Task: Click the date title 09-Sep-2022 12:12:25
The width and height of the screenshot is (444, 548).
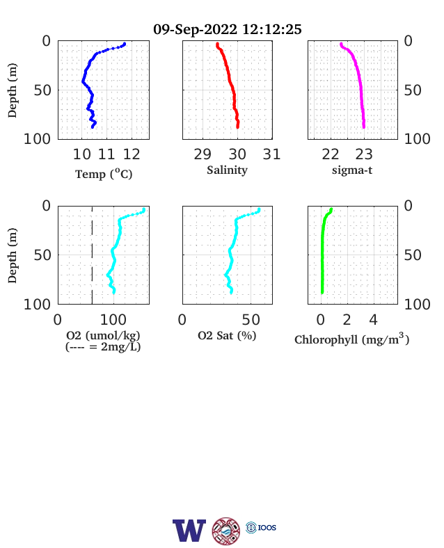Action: click(228, 29)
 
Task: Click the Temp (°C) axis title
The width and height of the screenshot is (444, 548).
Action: click(104, 174)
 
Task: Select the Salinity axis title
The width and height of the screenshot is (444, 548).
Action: click(228, 170)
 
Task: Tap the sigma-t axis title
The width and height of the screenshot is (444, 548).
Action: click(352, 170)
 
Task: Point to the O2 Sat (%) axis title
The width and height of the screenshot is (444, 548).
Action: click(227, 335)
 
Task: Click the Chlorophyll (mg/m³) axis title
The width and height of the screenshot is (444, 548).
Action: click(351, 339)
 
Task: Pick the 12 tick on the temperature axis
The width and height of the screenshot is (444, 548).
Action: click(132, 154)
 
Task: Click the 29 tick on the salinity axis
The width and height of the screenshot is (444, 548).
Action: click(203, 154)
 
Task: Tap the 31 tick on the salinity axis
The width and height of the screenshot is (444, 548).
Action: click(271, 154)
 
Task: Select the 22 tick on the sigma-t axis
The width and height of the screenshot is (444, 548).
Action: click(331, 154)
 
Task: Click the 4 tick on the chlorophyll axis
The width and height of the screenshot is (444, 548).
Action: click(374, 320)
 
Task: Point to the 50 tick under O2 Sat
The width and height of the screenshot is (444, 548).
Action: click(251, 320)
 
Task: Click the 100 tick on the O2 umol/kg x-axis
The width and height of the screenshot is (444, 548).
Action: click(113, 320)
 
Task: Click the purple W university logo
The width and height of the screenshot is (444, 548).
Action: click(189, 531)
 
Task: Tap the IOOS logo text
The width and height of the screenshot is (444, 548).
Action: click(267, 527)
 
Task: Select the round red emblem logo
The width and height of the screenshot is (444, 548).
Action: click(226, 531)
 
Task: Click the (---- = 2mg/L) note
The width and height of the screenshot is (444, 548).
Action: click(103, 347)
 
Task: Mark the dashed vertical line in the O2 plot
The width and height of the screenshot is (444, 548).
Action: click(92, 255)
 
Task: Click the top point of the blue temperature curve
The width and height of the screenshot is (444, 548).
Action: click(125, 44)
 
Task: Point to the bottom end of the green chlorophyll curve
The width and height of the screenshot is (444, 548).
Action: click(322, 293)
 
